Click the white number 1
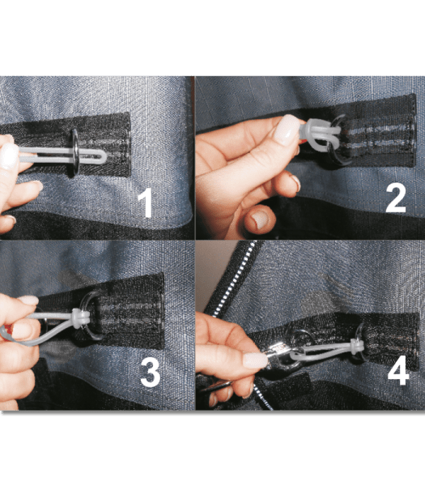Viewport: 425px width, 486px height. coord(146,202)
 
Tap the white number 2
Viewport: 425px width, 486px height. coord(395,198)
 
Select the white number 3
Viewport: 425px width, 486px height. coord(149,371)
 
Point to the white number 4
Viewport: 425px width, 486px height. coord(397,372)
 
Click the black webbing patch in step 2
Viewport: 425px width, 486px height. coord(372,134)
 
